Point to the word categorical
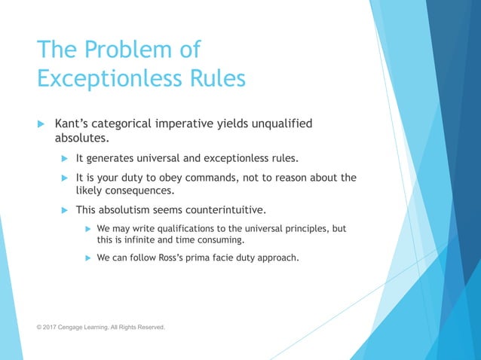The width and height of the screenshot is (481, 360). point(130,124)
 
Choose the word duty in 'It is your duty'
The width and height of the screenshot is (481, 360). point(142,178)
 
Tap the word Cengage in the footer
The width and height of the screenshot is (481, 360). point(80,328)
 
